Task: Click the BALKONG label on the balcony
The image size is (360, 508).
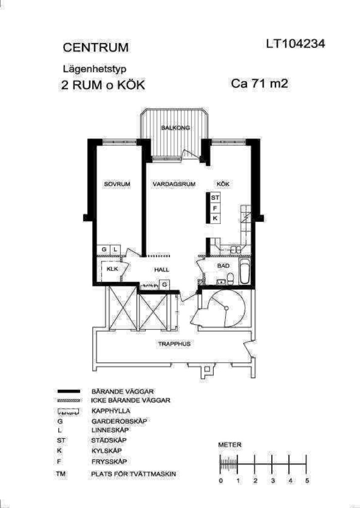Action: tap(176, 127)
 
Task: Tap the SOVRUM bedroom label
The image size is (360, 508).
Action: tap(117, 184)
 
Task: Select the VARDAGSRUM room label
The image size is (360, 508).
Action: tap(174, 184)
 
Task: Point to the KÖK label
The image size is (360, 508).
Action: tap(223, 184)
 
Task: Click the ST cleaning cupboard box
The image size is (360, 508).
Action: tap(215, 197)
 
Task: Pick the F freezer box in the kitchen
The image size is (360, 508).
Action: tap(215, 208)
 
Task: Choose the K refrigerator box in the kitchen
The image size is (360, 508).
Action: tap(215, 219)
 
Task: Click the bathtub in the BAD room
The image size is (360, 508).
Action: tap(244, 271)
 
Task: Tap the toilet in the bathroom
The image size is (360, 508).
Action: tap(230, 279)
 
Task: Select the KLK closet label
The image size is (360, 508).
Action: tap(112, 269)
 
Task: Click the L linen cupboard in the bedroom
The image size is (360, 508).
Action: tap(115, 250)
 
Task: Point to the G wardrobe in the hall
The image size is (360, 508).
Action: tap(165, 285)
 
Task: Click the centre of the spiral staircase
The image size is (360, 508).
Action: tap(227, 308)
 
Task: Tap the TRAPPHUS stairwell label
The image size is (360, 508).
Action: tap(174, 344)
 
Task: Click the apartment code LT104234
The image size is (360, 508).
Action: tap(295, 44)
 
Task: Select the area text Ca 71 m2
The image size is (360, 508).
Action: tap(260, 83)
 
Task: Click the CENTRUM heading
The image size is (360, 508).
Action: tap(96, 48)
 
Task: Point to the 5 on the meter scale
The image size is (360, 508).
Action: tap(307, 480)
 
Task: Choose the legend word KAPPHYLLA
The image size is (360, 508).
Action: tap(111, 411)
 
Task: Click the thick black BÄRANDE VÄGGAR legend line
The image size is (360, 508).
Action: tap(68, 391)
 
